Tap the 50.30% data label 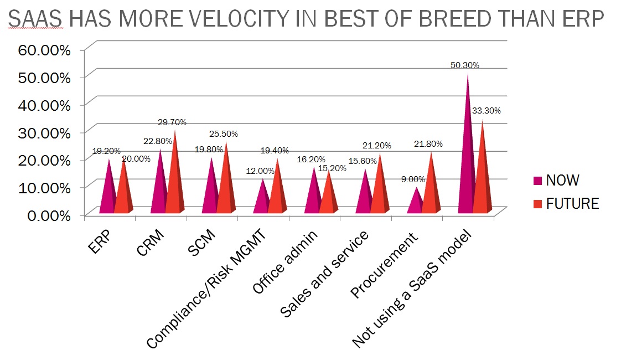465,65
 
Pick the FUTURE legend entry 572,204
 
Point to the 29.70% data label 172,122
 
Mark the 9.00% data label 413,179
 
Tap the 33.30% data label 486,111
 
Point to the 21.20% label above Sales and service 377,146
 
